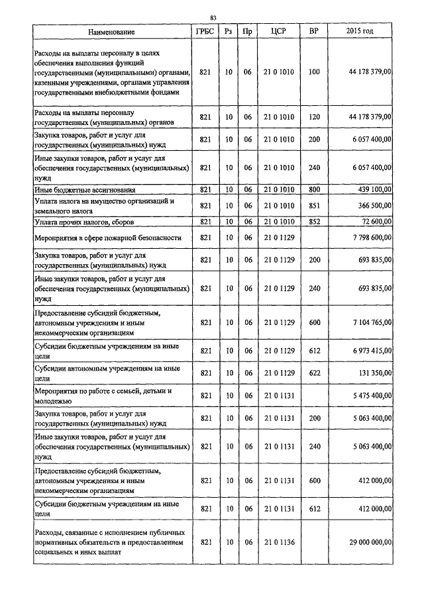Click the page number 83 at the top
point(213,18)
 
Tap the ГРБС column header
point(205,32)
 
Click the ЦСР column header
point(278,32)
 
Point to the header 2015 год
point(360,32)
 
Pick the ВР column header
point(314,32)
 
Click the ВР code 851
point(314,206)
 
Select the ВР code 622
point(314,373)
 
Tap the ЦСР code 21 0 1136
point(278,542)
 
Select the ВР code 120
point(314,117)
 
